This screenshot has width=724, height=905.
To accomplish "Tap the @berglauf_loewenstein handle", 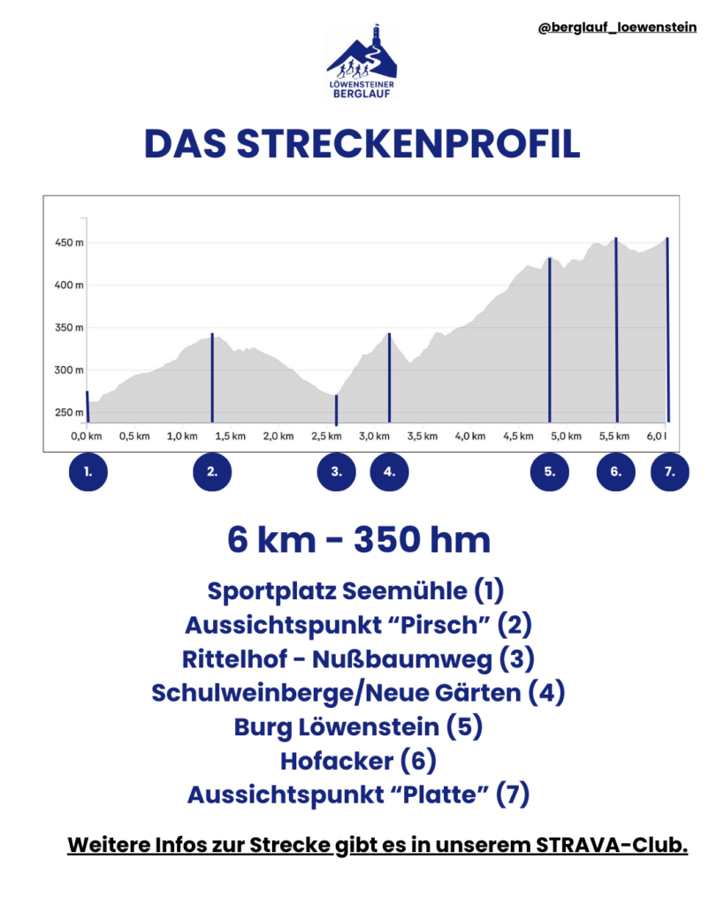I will (616, 27).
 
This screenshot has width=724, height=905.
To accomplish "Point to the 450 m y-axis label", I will (69, 243).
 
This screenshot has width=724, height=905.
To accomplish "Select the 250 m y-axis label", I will (69, 413).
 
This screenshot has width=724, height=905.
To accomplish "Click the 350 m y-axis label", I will (69, 328).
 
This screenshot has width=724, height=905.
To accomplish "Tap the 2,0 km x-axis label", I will (278, 436).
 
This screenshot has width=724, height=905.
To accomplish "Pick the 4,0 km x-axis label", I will (469, 436).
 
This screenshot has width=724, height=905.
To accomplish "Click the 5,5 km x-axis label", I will (614, 436).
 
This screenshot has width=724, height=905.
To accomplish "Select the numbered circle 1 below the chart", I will (88, 472).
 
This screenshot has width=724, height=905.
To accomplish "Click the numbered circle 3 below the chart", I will (336, 472).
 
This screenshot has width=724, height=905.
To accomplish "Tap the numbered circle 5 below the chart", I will (549, 472).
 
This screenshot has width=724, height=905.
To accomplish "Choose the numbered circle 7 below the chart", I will (669, 472).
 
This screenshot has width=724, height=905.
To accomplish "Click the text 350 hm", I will (422, 540).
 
